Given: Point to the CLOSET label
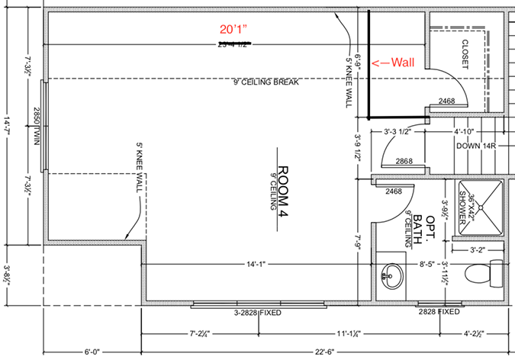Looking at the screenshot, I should coord(464,55).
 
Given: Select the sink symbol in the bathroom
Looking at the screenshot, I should coord(392,275).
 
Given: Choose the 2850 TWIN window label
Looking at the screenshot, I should coord(36,126).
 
